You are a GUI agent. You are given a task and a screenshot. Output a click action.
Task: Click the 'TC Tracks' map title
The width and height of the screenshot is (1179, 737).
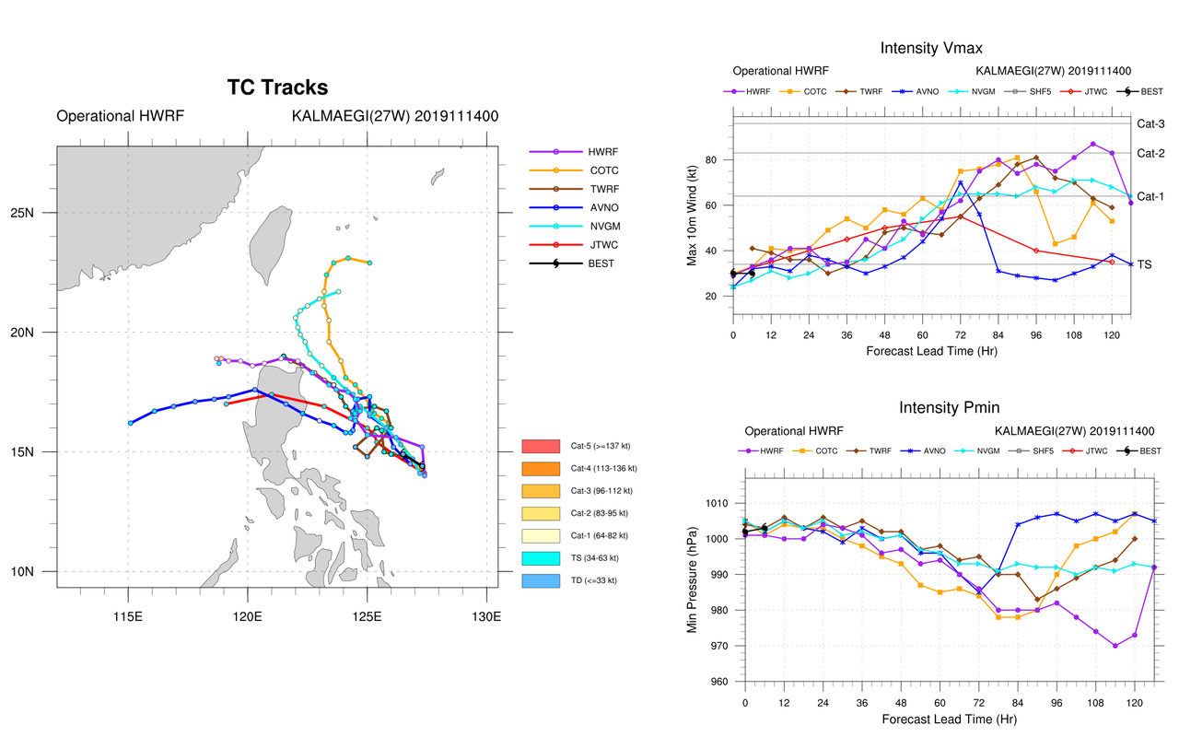277,88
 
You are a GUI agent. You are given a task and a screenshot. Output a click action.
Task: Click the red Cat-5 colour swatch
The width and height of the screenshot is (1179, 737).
541,446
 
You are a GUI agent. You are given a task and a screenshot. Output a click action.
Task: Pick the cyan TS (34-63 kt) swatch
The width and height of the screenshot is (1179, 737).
541,558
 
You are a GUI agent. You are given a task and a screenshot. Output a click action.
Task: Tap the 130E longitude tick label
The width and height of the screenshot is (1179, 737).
484,611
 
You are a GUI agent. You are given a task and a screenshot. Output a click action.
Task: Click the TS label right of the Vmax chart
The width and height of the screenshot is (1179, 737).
1145,264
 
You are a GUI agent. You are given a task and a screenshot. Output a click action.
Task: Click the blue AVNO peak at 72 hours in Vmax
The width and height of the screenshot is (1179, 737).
961,182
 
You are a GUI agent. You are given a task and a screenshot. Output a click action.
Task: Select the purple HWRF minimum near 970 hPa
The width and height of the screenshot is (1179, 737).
1115,646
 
